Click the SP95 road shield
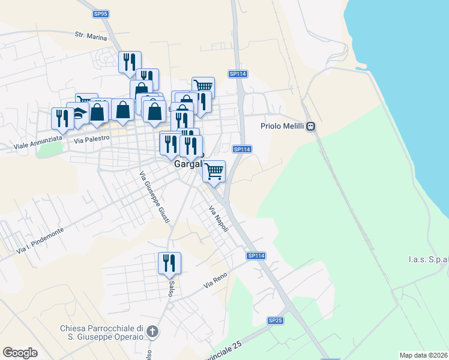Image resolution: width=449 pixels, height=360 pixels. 101,13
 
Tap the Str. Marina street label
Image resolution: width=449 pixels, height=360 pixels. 91,37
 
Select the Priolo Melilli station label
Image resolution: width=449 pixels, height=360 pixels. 283,126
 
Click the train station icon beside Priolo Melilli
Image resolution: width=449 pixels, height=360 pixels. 311,126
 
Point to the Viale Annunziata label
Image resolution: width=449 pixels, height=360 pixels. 38,146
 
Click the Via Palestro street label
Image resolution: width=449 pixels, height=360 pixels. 92,139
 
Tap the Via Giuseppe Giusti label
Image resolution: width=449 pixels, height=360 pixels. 154,199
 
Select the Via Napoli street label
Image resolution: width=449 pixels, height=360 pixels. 219,221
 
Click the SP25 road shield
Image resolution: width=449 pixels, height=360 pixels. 275,321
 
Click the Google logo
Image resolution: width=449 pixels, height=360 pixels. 20,353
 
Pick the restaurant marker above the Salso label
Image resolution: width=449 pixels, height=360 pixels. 169,262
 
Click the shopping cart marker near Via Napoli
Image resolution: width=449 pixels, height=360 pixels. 214,171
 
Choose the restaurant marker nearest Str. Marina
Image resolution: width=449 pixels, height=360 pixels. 130,61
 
